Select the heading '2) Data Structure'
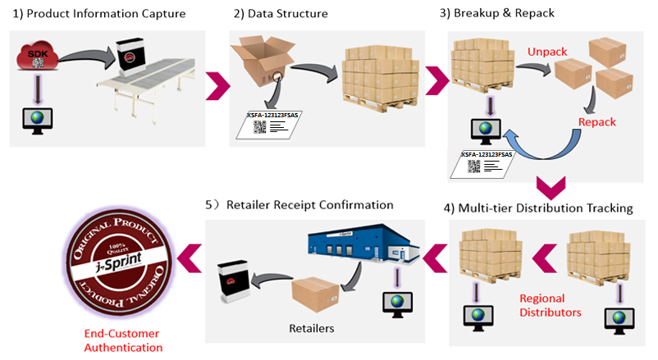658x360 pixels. pyautogui.click(x=282, y=14)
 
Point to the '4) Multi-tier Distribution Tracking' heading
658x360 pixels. pyautogui.click(x=538, y=207)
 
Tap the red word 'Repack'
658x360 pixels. pyautogui.click(x=596, y=122)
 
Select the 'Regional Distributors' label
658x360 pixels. pyautogui.click(x=551, y=304)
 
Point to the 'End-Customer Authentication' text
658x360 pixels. pyautogui.click(x=123, y=340)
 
